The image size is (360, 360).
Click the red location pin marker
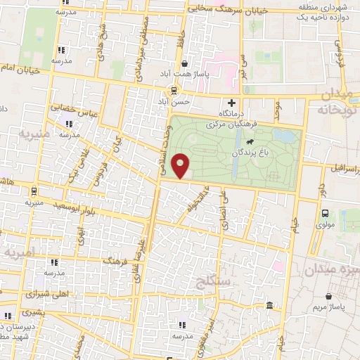[x=181, y=167]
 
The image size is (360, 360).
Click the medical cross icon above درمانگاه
[x=242, y=103]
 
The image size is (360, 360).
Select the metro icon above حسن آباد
[x=174, y=90]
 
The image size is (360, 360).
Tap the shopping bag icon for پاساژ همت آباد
[x=184, y=63]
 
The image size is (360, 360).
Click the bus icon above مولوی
[x=325, y=213]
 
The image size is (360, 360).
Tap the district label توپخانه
[x=339, y=110]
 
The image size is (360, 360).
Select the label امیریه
[x=18, y=251]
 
